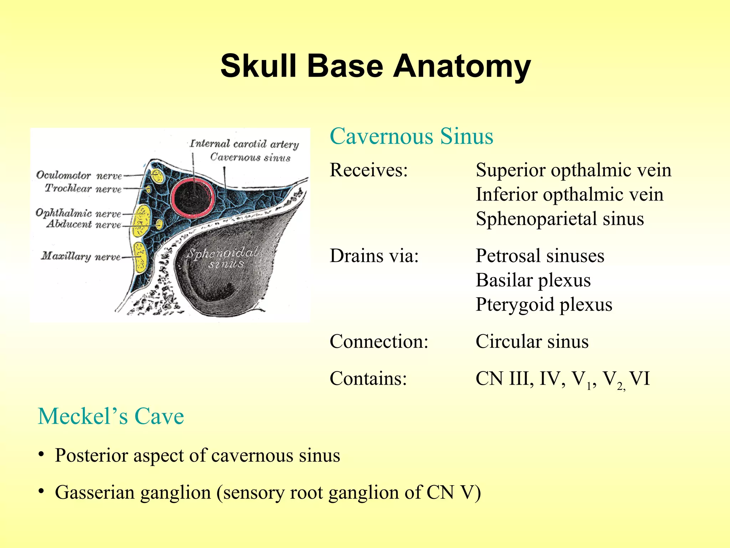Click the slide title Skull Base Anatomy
point(375,66)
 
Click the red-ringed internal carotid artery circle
point(193,197)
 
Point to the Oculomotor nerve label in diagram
point(79,175)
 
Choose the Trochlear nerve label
point(83,188)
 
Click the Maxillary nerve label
point(81,256)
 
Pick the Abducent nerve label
point(84,224)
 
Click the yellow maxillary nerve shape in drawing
point(140,257)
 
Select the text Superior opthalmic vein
point(573,170)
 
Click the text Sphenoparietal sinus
point(560,219)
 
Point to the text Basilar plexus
point(533,280)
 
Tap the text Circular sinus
point(532,341)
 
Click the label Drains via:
point(374,256)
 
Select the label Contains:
point(368,379)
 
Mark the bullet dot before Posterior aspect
point(42,455)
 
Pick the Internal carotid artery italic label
point(244,144)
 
